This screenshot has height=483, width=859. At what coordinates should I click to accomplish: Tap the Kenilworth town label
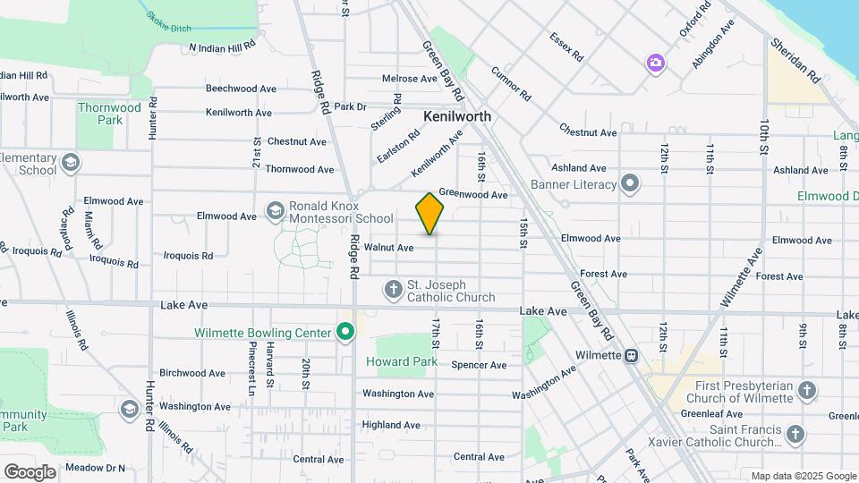tap(457, 116)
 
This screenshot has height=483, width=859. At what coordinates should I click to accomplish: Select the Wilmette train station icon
tap(632, 355)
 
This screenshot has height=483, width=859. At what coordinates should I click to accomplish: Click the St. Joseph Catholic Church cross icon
tap(393, 289)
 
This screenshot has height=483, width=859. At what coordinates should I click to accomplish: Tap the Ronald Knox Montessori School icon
tap(275, 211)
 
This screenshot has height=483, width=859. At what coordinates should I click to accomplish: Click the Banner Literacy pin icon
tap(631, 185)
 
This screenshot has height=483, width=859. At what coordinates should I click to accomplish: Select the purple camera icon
tap(656, 62)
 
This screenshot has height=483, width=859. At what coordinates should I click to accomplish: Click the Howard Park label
tap(402, 361)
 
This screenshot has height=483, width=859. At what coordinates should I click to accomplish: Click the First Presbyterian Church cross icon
tap(806, 390)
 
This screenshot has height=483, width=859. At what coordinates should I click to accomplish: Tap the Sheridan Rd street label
tap(795, 60)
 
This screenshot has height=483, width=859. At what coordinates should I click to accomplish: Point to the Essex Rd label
tap(567, 47)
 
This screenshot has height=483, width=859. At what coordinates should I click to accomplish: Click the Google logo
tap(30, 471)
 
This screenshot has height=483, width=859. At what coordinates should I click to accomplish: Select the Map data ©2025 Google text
tap(804, 476)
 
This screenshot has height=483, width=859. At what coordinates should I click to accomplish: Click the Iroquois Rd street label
tap(188, 256)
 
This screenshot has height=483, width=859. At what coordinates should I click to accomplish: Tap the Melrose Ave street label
tap(410, 79)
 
